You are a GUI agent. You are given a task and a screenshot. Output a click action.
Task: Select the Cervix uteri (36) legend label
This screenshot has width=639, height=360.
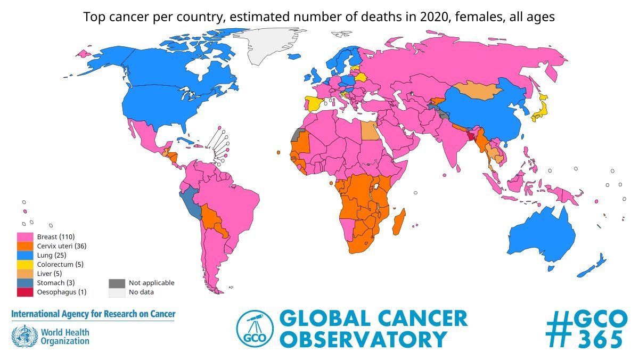pyautogui.click(x=62, y=246)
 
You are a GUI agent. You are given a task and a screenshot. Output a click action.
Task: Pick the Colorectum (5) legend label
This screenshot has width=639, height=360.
pyautogui.click(x=60, y=264)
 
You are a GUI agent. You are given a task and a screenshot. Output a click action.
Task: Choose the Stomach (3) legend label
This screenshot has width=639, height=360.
pyautogui.click(x=56, y=283)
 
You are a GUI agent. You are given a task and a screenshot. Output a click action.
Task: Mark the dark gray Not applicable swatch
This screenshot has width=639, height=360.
pyautogui.click(x=117, y=283)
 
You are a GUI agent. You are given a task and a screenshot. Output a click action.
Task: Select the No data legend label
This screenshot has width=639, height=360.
pyautogui.click(x=142, y=292)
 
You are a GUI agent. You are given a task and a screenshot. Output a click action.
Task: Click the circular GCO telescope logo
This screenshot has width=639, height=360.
pyautogui.click(x=253, y=329)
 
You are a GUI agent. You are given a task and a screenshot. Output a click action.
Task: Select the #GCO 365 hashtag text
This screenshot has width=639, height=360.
pyautogui.click(x=584, y=328)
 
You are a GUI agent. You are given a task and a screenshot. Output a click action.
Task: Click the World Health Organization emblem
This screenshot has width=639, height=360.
pyautogui.click(x=22, y=337)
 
